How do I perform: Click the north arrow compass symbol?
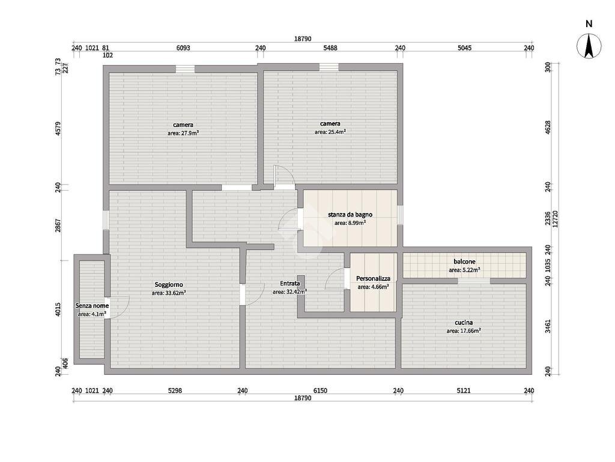click(x=589, y=46)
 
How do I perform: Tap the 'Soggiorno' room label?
click(x=169, y=285)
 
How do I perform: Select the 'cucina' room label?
click(x=464, y=322)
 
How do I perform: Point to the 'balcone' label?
click(x=464, y=262)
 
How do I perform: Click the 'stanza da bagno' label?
click(x=350, y=214)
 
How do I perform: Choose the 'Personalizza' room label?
click(x=373, y=279)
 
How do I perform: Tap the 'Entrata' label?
click(x=290, y=284)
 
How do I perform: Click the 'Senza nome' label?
click(x=92, y=306)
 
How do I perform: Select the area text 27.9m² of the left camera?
click(x=183, y=134)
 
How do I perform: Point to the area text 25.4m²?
click(x=330, y=132)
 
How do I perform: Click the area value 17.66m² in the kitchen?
click(x=464, y=331)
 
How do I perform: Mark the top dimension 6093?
click(x=183, y=49)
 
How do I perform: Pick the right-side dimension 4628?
click(x=547, y=128)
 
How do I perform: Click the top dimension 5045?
click(x=464, y=49)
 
